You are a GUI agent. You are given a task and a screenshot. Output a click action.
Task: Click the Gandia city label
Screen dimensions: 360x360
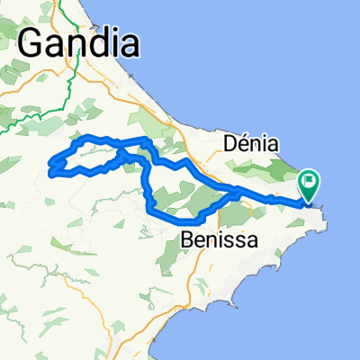click(80, 42)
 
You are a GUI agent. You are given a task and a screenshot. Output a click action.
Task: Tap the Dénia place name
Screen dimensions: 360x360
click(253, 144)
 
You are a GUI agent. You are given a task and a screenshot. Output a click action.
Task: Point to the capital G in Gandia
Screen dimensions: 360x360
click(32, 42)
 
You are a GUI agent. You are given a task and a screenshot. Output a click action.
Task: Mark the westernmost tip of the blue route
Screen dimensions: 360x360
click(49, 164)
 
